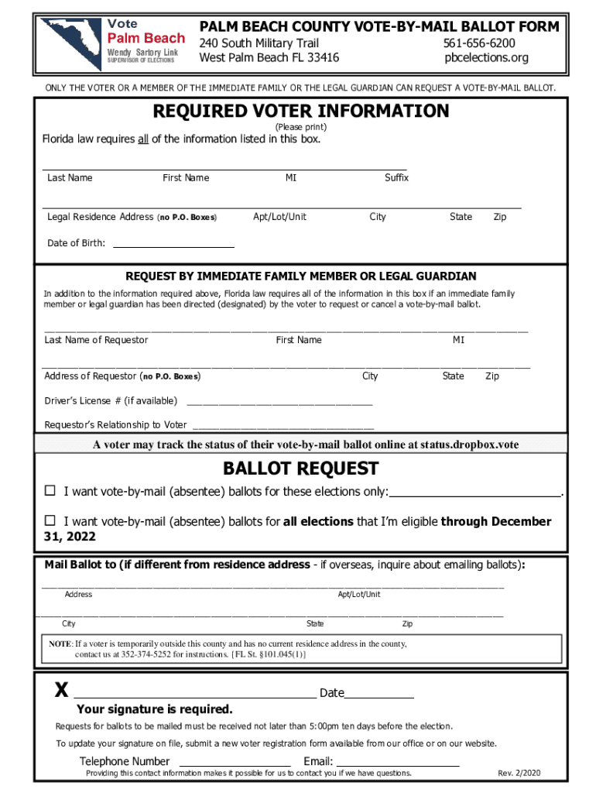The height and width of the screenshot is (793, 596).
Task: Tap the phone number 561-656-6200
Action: pyautogui.click(x=480, y=43)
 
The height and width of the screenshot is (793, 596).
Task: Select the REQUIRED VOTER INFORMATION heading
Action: pyautogui.click(x=300, y=111)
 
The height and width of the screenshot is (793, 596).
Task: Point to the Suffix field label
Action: pyautogui.click(x=396, y=178)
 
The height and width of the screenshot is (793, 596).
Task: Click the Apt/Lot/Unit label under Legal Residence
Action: pyautogui.click(x=279, y=217)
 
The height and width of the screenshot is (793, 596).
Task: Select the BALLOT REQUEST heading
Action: pyautogui.click(x=300, y=469)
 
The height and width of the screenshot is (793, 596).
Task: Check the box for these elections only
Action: pyautogui.click(x=50, y=491)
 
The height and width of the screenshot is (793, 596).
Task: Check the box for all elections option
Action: pyautogui.click(x=50, y=520)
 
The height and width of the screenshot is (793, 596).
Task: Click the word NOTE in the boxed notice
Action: pyautogui.click(x=60, y=644)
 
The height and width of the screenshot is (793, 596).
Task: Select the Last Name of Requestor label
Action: pyautogui.click(x=96, y=340)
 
